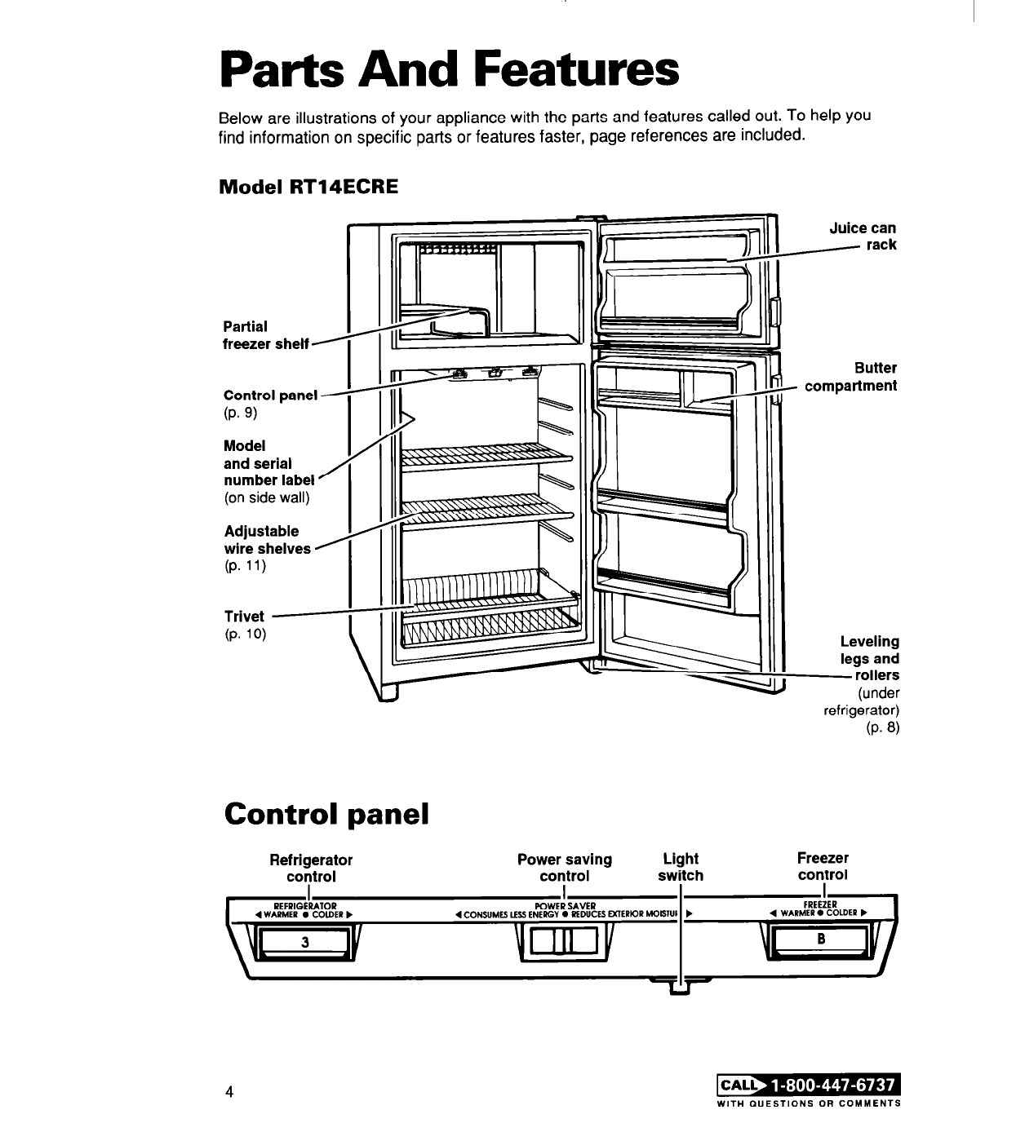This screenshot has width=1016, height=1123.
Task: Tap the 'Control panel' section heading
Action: click(x=326, y=813)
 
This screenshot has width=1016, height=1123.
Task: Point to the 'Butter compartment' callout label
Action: click(x=851, y=377)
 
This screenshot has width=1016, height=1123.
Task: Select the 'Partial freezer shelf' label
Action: click(x=265, y=335)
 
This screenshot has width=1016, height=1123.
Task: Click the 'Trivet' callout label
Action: click(x=244, y=617)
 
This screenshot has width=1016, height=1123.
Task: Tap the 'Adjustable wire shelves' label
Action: click(x=267, y=540)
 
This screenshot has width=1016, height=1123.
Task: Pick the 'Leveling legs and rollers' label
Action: click(x=871, y=658)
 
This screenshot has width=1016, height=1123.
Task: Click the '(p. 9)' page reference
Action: click(x=240, y=413)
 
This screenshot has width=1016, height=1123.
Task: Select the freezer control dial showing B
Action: click(x=822, y=940)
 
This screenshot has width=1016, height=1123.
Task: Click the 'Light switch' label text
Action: click(x=681, y=867)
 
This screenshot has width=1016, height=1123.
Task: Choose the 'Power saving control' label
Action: click(x=565, y=868)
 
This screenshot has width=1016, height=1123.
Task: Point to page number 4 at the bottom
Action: click(x=231, y=1091)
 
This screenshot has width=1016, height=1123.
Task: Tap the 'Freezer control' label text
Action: click(x=823, y=866)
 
